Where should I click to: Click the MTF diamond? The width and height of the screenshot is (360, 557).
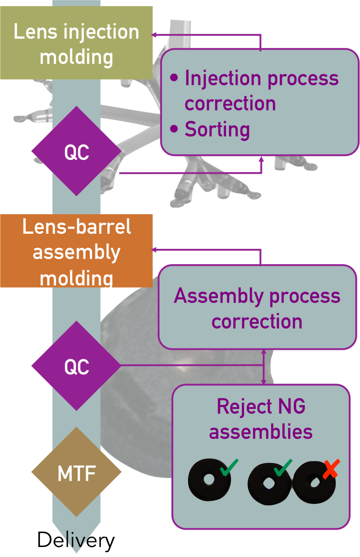tap(76, 472)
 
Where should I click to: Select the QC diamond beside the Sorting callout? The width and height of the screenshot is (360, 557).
tap(76, 152)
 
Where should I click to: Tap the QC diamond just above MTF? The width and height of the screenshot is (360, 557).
tap(76, 366)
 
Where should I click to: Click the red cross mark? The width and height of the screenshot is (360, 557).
tap(331, 470)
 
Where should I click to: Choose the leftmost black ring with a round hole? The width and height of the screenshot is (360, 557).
tap(209, 480)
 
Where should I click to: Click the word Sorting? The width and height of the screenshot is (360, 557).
tap(217, 129)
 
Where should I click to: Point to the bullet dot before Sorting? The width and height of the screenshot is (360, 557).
tap(174, 129)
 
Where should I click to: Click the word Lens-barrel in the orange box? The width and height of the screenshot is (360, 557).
tap(76, 227)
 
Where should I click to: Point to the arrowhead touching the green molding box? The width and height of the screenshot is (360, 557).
tap(154, 35)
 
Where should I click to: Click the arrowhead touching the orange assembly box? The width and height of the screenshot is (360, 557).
tap(154, 250)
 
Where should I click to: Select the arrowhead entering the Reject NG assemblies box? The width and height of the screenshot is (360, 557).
tap(264, 381)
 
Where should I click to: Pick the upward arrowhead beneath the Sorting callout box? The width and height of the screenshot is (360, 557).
tap(262, 159)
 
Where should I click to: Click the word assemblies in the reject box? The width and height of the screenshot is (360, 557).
tap(261, 432)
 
